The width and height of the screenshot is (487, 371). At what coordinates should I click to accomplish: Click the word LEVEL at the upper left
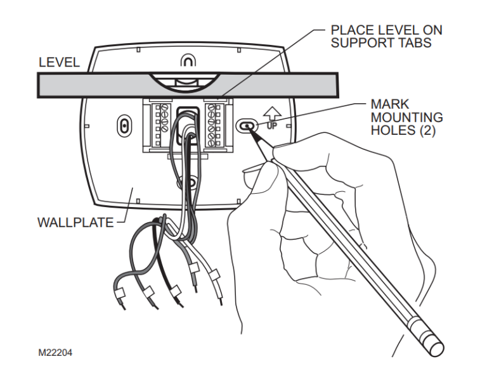pyautogui.click(x=60, y=62)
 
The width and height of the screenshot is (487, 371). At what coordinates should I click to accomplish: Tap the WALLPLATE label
pyautogui.click(x=75, y=222)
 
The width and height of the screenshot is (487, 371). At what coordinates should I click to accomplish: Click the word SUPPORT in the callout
pyautogui.click(x=363, y=43)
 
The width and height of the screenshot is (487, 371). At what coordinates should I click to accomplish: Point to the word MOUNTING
pyautogui.click(x=407, y=118)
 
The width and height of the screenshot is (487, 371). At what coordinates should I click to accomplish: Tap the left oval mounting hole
pyautogui.click(x=123, y=125)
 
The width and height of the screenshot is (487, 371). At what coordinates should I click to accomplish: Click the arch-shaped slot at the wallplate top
pyautogui.click(x=188, y=61)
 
